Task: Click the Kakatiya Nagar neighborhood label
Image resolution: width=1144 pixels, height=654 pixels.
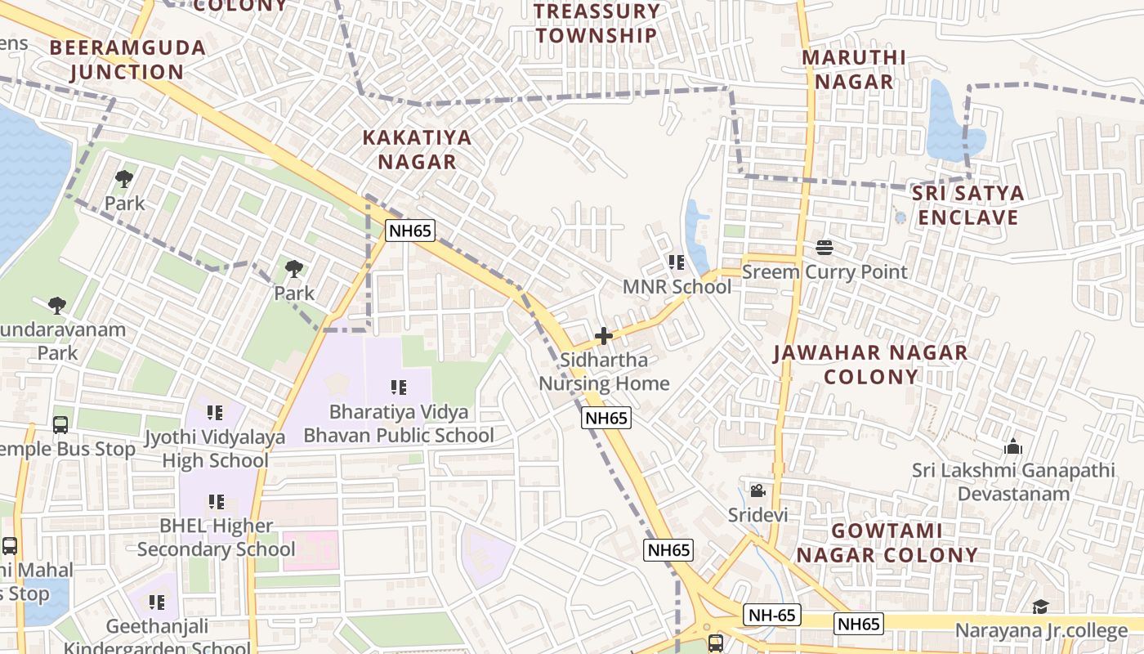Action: pyautogui.click(x=417, y=149)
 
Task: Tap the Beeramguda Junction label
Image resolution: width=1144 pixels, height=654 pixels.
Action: pyautogui.click(x=127, y=59)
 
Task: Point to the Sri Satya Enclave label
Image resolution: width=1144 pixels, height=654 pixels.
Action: pyautogui.click(x=967, y=205)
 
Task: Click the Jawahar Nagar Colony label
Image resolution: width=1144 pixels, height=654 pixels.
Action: pyautogui.click(x=870, y=365)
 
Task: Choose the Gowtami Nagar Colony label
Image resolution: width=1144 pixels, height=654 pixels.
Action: pyautogui.click(x=887, y=543)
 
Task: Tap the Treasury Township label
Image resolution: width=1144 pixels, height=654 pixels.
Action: pyautogui.click(x=597, y=23)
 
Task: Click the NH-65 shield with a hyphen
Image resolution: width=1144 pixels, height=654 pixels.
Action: pyautogui.click(x=772, y=616)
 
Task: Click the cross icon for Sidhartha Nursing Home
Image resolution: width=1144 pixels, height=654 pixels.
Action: pyautogui.click(x=604, y=336)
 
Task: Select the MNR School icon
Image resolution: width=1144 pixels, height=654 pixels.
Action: pyautogui.click(x=677, y=262)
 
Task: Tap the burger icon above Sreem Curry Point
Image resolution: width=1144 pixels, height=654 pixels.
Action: pyautogui.click(x=824, y=248)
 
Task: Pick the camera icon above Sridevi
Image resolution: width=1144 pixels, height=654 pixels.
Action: pyautogui.click(x=757, y=490)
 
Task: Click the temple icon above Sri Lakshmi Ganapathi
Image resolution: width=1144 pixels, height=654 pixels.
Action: pyautogui.click(x=1013, y=446)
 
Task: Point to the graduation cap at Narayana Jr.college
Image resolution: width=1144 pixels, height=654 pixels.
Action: pyautogui.click(x=1040, y=607)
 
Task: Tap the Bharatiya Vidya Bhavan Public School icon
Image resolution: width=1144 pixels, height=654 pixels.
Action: pyautogui.click(x=399, y=387)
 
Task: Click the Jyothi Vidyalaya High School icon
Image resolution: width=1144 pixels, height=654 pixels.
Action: pyautogui.click(x=215, y=413)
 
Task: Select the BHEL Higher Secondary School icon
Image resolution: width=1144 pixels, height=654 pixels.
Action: pyautogui.click(x=216, y=501)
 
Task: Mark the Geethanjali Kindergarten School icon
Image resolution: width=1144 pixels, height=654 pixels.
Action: pyautogui.click(x=157, y=603)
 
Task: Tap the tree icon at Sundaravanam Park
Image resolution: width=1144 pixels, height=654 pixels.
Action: pyautogui.click(x=56, y=306)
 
